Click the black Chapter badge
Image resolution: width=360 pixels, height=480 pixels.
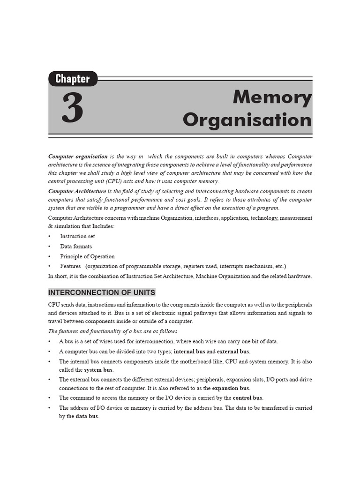click(x=73, y=79)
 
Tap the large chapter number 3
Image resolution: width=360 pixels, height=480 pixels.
click(x=72, y=108)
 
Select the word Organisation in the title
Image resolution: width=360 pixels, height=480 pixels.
click(x=247, y=120)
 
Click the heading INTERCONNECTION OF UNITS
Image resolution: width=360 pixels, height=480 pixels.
click(x=102, y=292)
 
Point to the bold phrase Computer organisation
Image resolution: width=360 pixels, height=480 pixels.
click(x=78, y=156)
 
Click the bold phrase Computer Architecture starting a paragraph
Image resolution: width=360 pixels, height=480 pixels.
click(x=77, y=191)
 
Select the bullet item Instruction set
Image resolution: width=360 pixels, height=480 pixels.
click(x=77, y=236)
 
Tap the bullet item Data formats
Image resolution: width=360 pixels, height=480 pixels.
click(x=76, y=246)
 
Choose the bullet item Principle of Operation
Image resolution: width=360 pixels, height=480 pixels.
click(x=87, y=256)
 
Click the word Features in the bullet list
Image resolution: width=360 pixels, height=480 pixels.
click(x=71, y=266)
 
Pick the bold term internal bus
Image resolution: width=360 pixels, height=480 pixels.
click(x=189, y=352)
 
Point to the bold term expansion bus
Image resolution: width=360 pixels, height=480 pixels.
click(x=231, y=388)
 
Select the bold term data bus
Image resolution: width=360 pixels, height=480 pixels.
click(x=87, y=416)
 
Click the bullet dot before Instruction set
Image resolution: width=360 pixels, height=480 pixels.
click(x=50, y=237)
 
